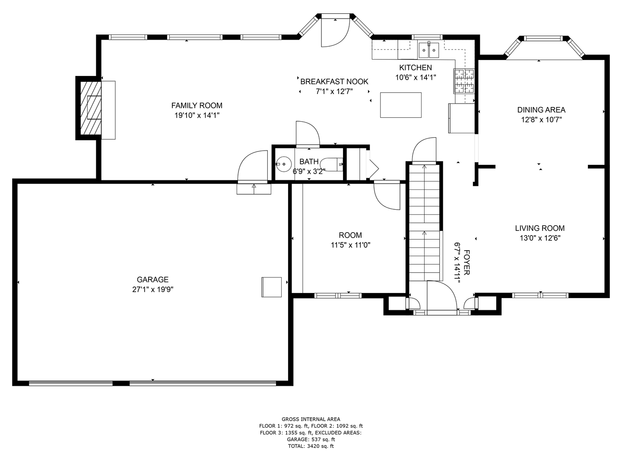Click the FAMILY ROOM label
pyautogui.click(x=197, y=105)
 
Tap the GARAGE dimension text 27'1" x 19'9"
pyautogui.click(x=152, y=290)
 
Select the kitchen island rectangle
pyautogui.click(x=400, y=105)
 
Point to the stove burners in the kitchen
pyautogui.click(x=464, y=81)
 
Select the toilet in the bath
pyautogui.click(x=333, y=164)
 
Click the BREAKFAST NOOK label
pyautogui.click(x=334, y=82)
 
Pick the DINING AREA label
pyautogui.click(x=541, y=110)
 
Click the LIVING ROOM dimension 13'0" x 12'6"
pyautogui.click(x=540, y=238)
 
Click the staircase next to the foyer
pyautogui.click(x=425, y=224)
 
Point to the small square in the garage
pyautogui.click(x=271, y=287)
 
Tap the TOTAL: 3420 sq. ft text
pyautogui.click(x=311, y=446)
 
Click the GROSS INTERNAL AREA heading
pyautogui.click(x=311, y=419)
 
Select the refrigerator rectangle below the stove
pyautogui.click(x=461, y=118)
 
